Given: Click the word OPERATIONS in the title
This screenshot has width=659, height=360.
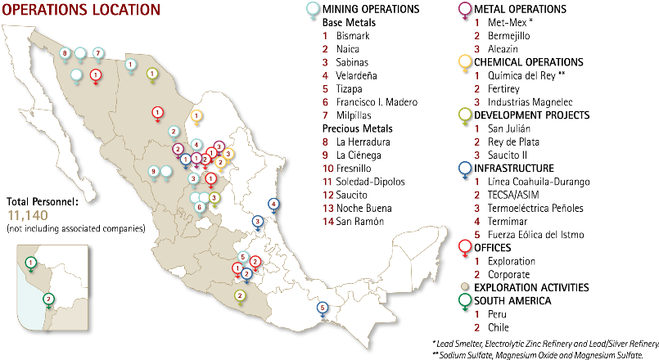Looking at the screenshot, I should point(42,10).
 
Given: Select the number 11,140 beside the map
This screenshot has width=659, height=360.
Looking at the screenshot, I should point(28,216).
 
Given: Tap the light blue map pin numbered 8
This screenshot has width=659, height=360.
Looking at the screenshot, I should point(65,54).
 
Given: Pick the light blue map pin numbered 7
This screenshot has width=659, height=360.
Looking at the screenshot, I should point(98,53).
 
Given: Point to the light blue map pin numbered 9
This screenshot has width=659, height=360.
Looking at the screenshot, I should point(153,171).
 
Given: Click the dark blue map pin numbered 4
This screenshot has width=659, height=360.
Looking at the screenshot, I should point(273,204).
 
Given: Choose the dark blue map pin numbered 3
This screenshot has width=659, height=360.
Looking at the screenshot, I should point(257,221).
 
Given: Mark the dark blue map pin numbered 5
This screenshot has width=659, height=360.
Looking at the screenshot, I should point(323,308).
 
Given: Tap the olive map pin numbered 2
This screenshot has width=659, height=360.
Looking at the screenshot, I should point(240,295).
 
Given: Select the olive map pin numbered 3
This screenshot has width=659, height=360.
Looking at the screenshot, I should point(214,197).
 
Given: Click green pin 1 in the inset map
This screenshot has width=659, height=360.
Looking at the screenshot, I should point(30,263).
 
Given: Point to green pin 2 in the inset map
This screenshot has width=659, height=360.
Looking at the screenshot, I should point(48,299).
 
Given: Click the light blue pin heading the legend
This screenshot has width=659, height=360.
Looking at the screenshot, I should point(312,9).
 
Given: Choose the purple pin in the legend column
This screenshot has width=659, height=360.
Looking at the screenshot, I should point(465,9).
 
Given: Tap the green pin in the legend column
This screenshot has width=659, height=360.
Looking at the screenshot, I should point(465,300).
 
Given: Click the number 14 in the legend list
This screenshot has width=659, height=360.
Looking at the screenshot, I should point(328,222).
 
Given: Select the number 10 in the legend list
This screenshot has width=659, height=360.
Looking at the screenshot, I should point(328,169).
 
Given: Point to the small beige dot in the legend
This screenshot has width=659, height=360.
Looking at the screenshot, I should point(464,286).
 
